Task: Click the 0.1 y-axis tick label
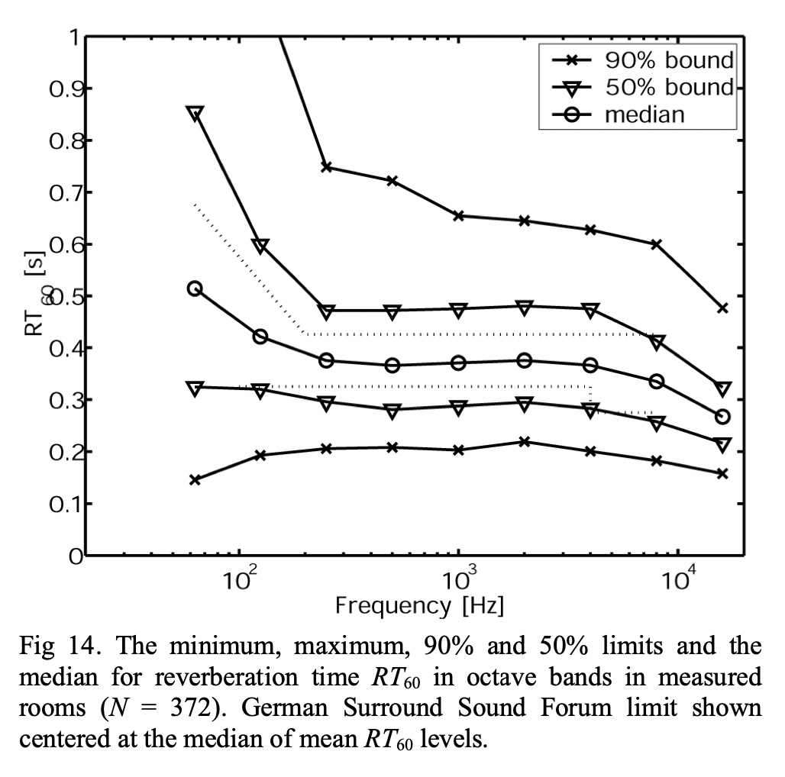60,504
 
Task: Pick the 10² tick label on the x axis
239,581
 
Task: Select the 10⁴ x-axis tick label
677,581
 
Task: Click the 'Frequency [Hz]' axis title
419,607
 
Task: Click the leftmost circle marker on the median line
195,289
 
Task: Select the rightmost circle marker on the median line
722,417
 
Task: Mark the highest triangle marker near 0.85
195,114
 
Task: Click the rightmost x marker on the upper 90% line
722,308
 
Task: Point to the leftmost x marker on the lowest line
195,480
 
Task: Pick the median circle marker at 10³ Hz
458,363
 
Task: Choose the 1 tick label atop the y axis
72,37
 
